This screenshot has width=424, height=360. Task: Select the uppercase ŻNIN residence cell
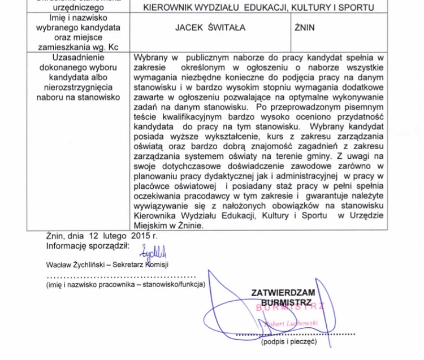tap(305, 28)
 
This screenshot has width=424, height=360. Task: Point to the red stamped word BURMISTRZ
tap(291, 307)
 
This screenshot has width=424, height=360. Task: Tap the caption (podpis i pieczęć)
tap(289, 341)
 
